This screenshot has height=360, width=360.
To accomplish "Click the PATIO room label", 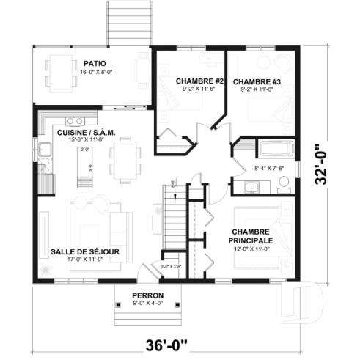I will pyautogui.click(x=92, y=63).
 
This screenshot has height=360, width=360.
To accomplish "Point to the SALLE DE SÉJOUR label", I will pyautogui.click(x=85, y=251).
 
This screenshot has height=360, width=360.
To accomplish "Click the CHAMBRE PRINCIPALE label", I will pyautogui.click(x=251, y=236).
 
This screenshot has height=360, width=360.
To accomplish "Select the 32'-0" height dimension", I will pyautogui.click(x=318, y=168).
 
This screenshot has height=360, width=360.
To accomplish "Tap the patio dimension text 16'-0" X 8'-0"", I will pyautogui.click(x=92, y=72).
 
